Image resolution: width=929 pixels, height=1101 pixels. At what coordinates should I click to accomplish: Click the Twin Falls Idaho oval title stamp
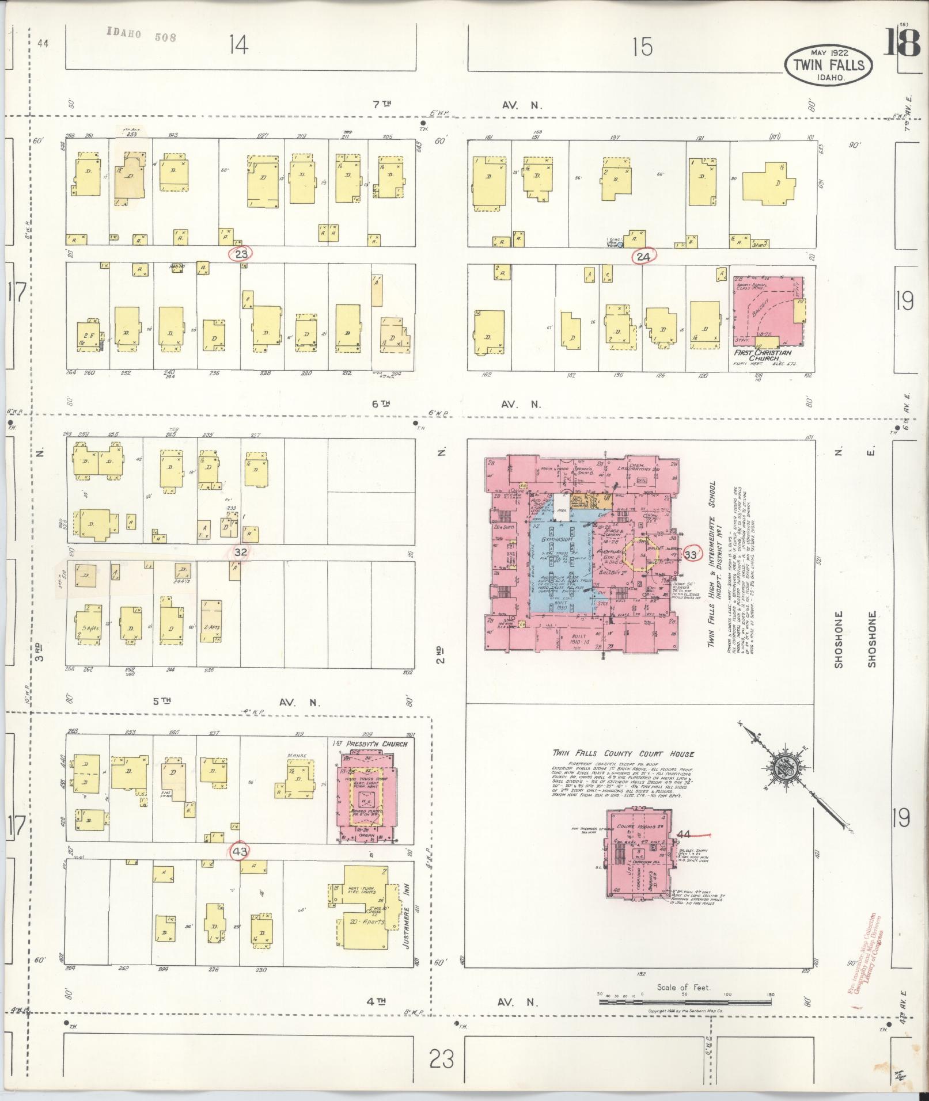pyautogui.click(x=828, y=64)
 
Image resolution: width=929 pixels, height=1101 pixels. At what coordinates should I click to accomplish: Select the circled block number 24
pyautogui.click(x=643, y=257)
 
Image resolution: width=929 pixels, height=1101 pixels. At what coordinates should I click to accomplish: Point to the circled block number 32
pyautogui.click(x=241, y=552)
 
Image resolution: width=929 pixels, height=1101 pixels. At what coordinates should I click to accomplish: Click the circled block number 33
pyautogui.click(x=691, y=555)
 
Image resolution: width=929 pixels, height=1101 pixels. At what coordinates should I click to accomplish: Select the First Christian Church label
pyautogui.click(x=763, y=356)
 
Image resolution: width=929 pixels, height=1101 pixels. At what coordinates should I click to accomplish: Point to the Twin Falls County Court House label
pyautogui.click(x=623, y=754)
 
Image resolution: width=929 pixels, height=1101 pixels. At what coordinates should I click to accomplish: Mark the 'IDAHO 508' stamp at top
pyautogui.click(x=141, y=36)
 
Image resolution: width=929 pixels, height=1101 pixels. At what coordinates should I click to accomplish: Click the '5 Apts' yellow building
pyautogui.click(x=89, y=626)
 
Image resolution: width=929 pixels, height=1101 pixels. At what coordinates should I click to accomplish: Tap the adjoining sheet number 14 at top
pyautogui.click(x=238, y=44)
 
